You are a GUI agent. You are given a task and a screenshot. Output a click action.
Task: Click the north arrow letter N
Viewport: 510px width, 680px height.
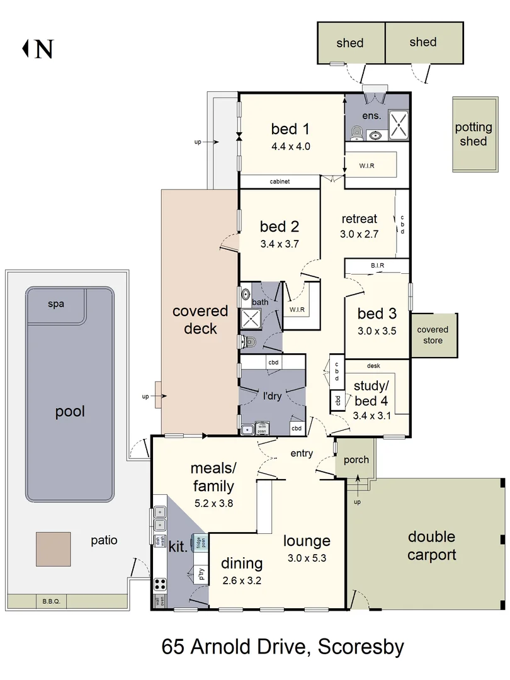point(43,48)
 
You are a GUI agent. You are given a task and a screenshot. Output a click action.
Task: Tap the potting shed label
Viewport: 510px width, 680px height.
point(473,134)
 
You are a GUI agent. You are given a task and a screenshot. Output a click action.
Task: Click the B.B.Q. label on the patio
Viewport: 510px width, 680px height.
point(50,601)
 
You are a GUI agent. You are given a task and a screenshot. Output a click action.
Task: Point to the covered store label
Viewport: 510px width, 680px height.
point(433,334)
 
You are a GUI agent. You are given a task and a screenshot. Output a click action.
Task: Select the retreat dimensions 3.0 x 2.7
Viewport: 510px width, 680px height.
point(359,234)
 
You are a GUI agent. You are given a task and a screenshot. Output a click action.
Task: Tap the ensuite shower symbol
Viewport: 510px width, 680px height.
point(398,123)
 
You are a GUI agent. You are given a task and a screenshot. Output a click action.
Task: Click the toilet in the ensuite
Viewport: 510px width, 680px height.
point(356,132)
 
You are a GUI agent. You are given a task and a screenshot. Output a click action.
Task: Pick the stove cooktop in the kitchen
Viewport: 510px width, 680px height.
point(160,584)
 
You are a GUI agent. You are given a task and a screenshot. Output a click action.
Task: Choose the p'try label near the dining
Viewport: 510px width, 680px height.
point(201,574)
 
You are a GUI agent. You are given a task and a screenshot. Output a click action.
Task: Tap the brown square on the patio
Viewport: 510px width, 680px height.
point(53,549)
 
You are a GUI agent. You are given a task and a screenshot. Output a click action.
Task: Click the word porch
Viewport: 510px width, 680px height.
point(356,460)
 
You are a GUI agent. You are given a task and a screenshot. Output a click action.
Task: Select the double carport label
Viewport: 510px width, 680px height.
point(431,545)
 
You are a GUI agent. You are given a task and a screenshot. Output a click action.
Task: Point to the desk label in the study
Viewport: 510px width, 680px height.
point(373,366)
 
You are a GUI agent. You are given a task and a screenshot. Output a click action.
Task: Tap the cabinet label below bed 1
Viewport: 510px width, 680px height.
point(280,182)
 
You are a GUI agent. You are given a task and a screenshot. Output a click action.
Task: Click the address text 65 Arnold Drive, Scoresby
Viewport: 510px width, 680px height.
point(283,647)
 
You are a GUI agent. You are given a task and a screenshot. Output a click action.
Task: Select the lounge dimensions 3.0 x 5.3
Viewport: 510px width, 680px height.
point(307,557)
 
